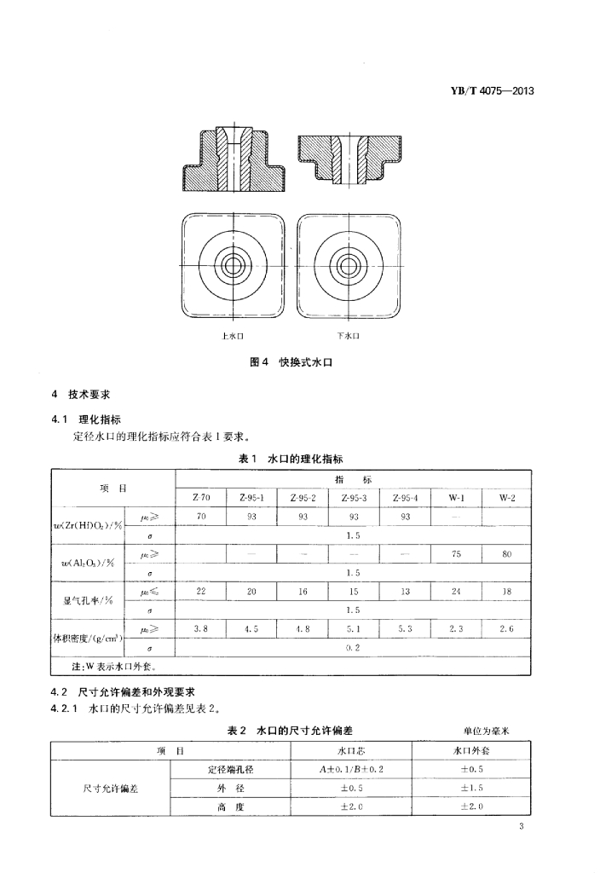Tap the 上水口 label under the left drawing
[x=233, y=336]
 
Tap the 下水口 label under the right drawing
[x=348, y=336]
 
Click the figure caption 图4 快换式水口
[x=289, y=362]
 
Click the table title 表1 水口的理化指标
[x=290, y=459]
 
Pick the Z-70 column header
[x=201, y=497]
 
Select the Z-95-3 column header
[x=354, y=497]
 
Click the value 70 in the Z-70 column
[x=201, y=517]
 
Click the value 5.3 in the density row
[x=404, y=628]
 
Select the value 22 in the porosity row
[x=201, y=591]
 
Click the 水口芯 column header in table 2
[x=351, y=751]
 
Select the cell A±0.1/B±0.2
[x=351, y=770]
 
